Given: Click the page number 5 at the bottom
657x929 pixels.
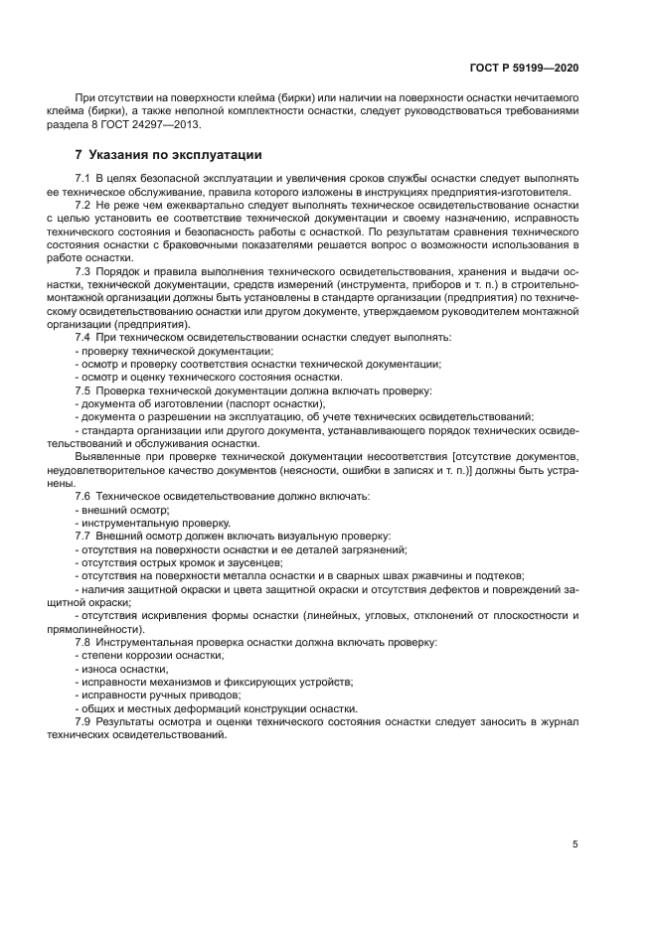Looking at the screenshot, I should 575,844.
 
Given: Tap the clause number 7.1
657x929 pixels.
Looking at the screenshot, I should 84,177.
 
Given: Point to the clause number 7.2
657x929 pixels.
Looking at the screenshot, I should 84,204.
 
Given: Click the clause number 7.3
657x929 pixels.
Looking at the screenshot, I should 84,270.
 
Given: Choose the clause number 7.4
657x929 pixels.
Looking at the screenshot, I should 84,337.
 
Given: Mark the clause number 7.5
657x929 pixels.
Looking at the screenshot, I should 84,389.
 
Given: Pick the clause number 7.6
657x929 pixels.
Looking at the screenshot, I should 84,495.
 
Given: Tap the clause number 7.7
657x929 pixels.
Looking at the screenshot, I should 84,535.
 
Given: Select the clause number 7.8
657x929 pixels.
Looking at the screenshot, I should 84,642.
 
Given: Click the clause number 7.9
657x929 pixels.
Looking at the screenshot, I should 84,721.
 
